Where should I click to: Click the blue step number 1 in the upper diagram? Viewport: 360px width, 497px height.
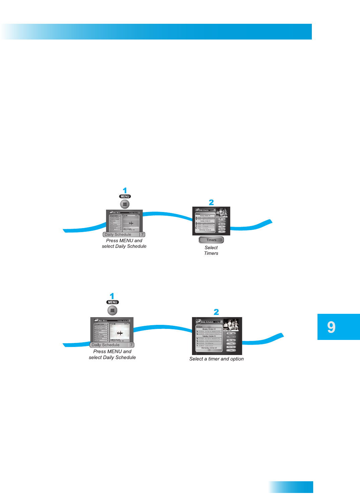point(125,191)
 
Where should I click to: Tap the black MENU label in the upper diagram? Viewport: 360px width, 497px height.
point(125,197)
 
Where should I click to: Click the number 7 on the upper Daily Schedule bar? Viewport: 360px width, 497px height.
point(142,234)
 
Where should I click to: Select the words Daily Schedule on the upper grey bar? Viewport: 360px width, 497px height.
point(118,234)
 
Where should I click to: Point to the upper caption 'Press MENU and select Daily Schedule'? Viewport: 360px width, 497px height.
point(124,243)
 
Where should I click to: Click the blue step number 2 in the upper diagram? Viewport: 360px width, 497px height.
point(211,203)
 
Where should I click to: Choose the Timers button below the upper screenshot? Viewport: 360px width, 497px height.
point(211,240)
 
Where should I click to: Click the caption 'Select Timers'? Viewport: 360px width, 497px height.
point(211,251)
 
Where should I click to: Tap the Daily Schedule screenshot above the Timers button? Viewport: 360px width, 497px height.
point(211,221)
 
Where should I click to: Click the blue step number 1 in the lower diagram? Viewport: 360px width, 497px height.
point(112,296)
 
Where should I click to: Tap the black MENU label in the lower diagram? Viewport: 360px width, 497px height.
point(112,302)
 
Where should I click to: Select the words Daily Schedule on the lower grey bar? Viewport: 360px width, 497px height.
point(105,345)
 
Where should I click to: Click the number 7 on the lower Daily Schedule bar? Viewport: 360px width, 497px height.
point(131,345)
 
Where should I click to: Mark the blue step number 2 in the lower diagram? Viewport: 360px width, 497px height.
point(216,312)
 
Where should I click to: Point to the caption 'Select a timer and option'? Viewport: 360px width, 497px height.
point(216,359)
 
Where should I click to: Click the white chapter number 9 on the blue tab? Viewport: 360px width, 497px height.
point(331,327)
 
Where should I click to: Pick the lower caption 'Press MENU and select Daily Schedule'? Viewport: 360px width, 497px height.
point(112,354)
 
